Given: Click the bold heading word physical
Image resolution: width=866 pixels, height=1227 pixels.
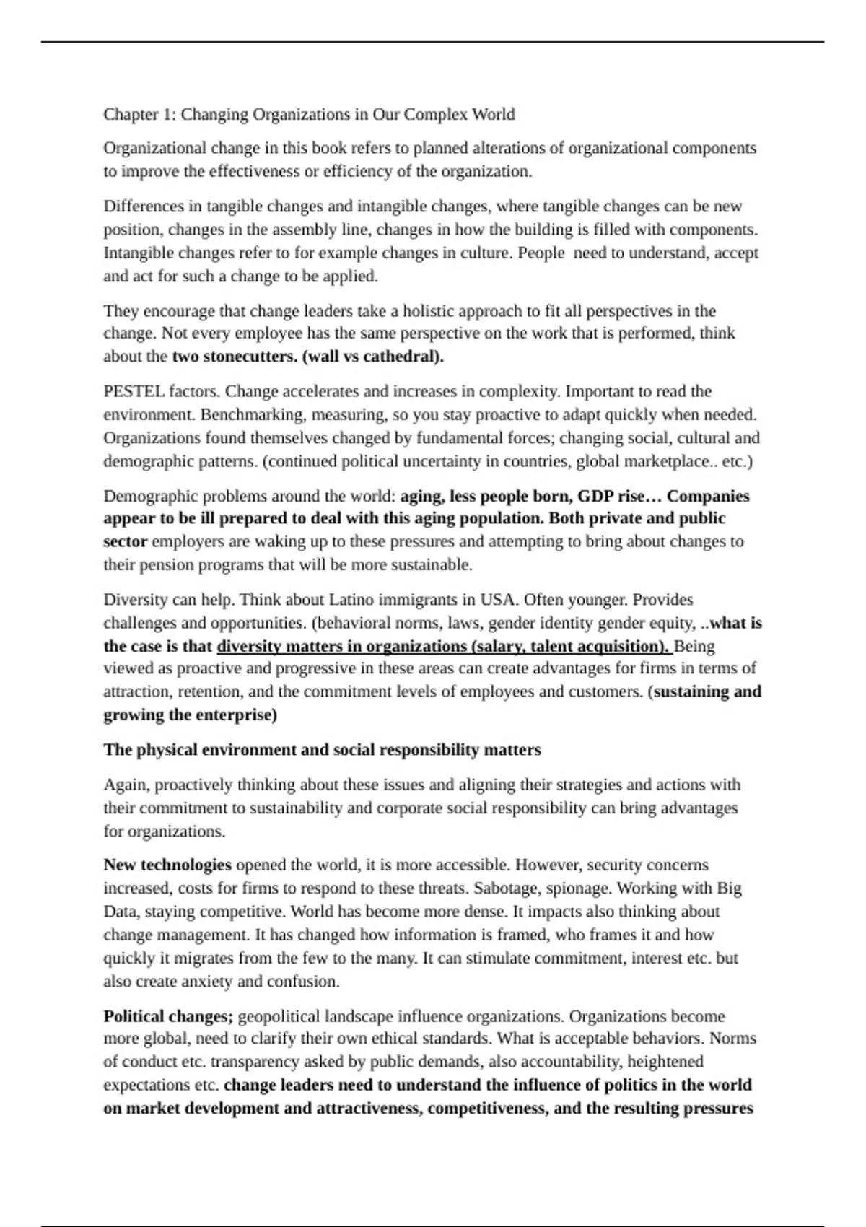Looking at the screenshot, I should coord(167,750).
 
